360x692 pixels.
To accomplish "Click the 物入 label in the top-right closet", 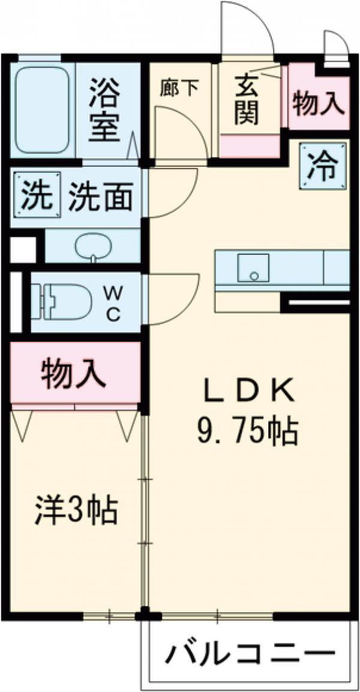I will pos(319,103).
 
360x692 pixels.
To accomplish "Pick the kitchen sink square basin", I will pos(253,267).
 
